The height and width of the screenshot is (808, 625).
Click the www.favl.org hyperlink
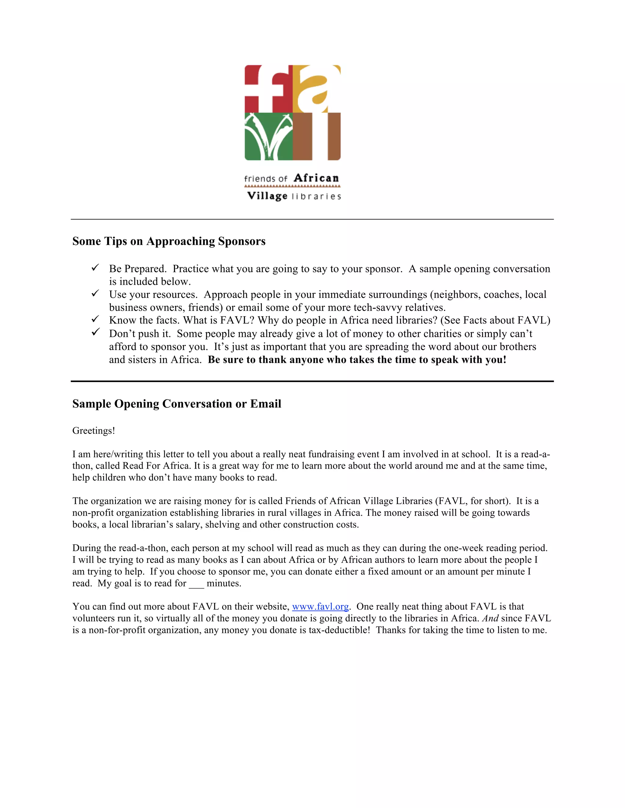[320, 606]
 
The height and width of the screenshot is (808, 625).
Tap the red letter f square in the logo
[269, 89]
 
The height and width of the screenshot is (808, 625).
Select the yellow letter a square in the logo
[316, 89]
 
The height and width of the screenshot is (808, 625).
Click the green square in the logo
[269, 137]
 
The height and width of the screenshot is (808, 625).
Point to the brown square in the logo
[316, 137]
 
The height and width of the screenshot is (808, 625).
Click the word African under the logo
[316, 178]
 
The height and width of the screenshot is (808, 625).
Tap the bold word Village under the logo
[267, 196]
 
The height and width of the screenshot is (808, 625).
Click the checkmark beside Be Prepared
[95, 267]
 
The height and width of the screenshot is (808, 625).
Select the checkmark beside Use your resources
[95, 293]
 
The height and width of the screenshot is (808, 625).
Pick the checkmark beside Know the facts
[95, 319]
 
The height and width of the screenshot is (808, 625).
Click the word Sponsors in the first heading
[242, 241]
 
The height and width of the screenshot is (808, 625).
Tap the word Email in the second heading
[266, 404]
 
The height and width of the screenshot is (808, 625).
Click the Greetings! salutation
[94, 431]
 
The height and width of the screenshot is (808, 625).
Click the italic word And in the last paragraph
[490, 618]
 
